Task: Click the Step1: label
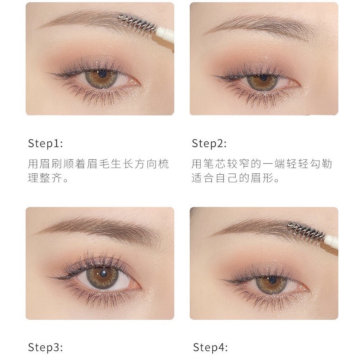46,143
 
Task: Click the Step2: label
209,143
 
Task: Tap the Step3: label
46,347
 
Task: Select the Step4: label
211,347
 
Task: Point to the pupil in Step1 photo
102,74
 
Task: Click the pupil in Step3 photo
103,274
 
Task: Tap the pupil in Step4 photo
272,280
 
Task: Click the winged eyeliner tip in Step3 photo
50,277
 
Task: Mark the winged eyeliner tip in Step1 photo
48,73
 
